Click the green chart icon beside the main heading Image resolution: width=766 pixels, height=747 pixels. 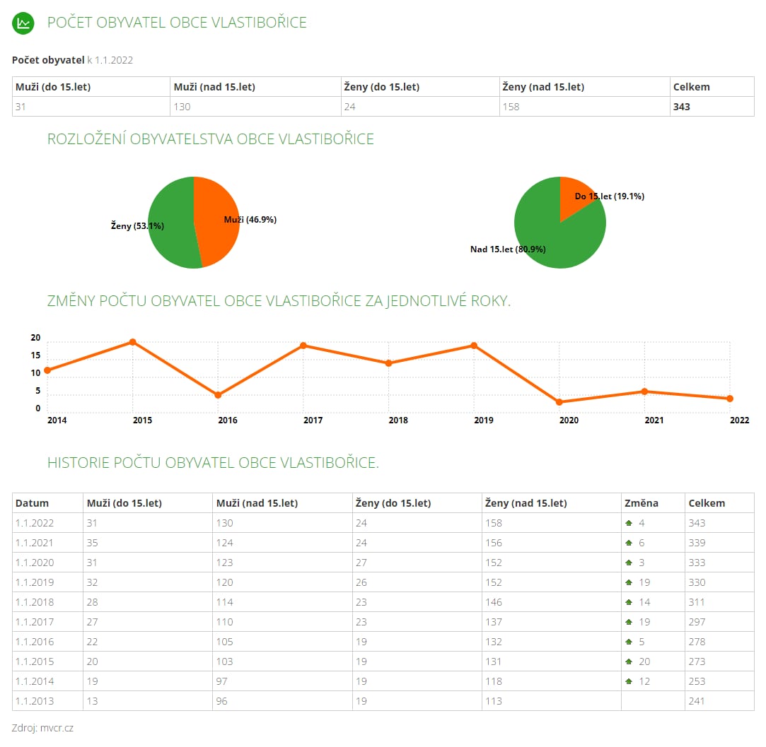click(23, 23)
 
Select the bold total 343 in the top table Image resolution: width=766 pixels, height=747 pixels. click(682, 107)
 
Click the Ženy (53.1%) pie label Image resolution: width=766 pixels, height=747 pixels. click(137, 225)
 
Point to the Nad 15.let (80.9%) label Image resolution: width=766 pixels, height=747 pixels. click(508, 249)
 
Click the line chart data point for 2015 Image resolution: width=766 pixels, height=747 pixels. click(133, 342)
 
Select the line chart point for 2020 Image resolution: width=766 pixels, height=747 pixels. click(559, 402)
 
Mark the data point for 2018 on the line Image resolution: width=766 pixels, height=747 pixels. click(389, 363)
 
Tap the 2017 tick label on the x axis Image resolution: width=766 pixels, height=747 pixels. click(313, 420)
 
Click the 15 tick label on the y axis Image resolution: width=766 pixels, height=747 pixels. click(35, 355)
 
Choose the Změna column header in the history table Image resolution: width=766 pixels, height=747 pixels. click(642, 503)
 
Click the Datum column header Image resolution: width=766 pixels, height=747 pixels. click(33, 503)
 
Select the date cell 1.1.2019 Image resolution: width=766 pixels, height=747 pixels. click(35, 582)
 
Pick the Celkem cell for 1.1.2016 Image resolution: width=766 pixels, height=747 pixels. click(697, 642)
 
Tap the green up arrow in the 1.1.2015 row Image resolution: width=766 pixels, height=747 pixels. click(629, 661)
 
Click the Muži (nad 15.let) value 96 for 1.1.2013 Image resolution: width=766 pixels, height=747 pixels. click(222, 701)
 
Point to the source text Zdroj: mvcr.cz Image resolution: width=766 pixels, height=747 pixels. click(42, 728)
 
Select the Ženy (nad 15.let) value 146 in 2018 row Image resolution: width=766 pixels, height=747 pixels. click(494, 602)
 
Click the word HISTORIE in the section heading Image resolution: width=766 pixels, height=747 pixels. click(79, 462)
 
